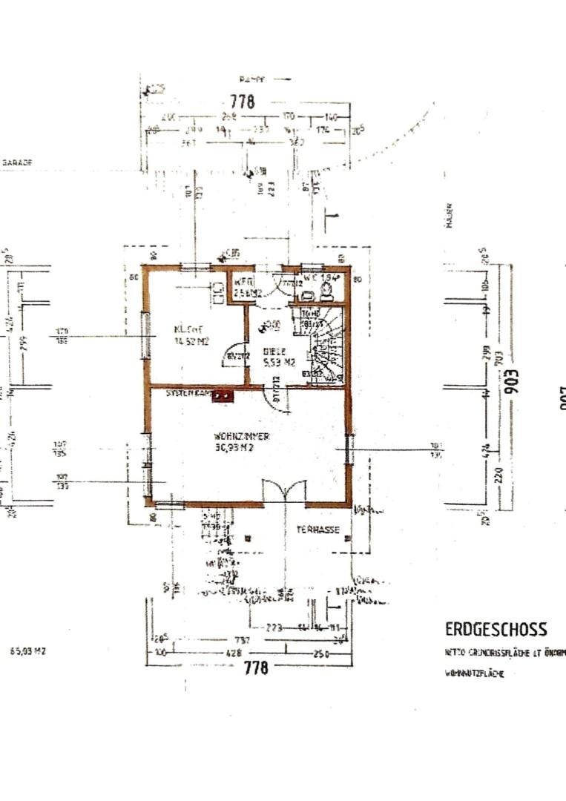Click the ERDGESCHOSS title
496,629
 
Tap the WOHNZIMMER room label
241,436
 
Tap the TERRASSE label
318,530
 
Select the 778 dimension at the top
242,102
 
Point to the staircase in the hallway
326,345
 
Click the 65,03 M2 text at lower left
28,651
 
